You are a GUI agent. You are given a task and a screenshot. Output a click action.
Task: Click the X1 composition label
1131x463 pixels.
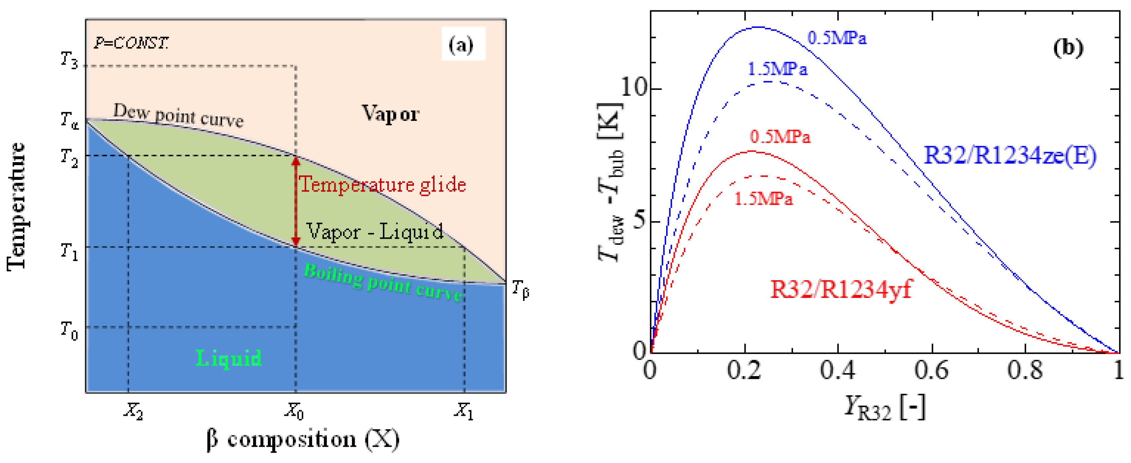click(464, 411)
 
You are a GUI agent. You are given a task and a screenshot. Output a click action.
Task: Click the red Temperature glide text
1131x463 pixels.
click(382, 184)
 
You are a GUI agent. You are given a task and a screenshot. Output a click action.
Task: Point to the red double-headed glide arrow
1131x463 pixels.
click(296, 201)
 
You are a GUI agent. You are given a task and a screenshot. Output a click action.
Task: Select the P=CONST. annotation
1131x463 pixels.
click(131, 43)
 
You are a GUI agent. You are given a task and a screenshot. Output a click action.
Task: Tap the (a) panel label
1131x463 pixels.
click(461, 44)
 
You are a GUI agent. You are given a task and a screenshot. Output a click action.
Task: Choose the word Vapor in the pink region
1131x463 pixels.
click(390, 114)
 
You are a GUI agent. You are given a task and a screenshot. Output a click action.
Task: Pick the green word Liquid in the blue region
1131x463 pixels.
click(228, 358)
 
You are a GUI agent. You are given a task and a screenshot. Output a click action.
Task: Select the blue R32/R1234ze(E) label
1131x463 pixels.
click(1010, 155)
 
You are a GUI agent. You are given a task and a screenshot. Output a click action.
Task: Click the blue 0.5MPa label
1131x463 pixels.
click(837, 38)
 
